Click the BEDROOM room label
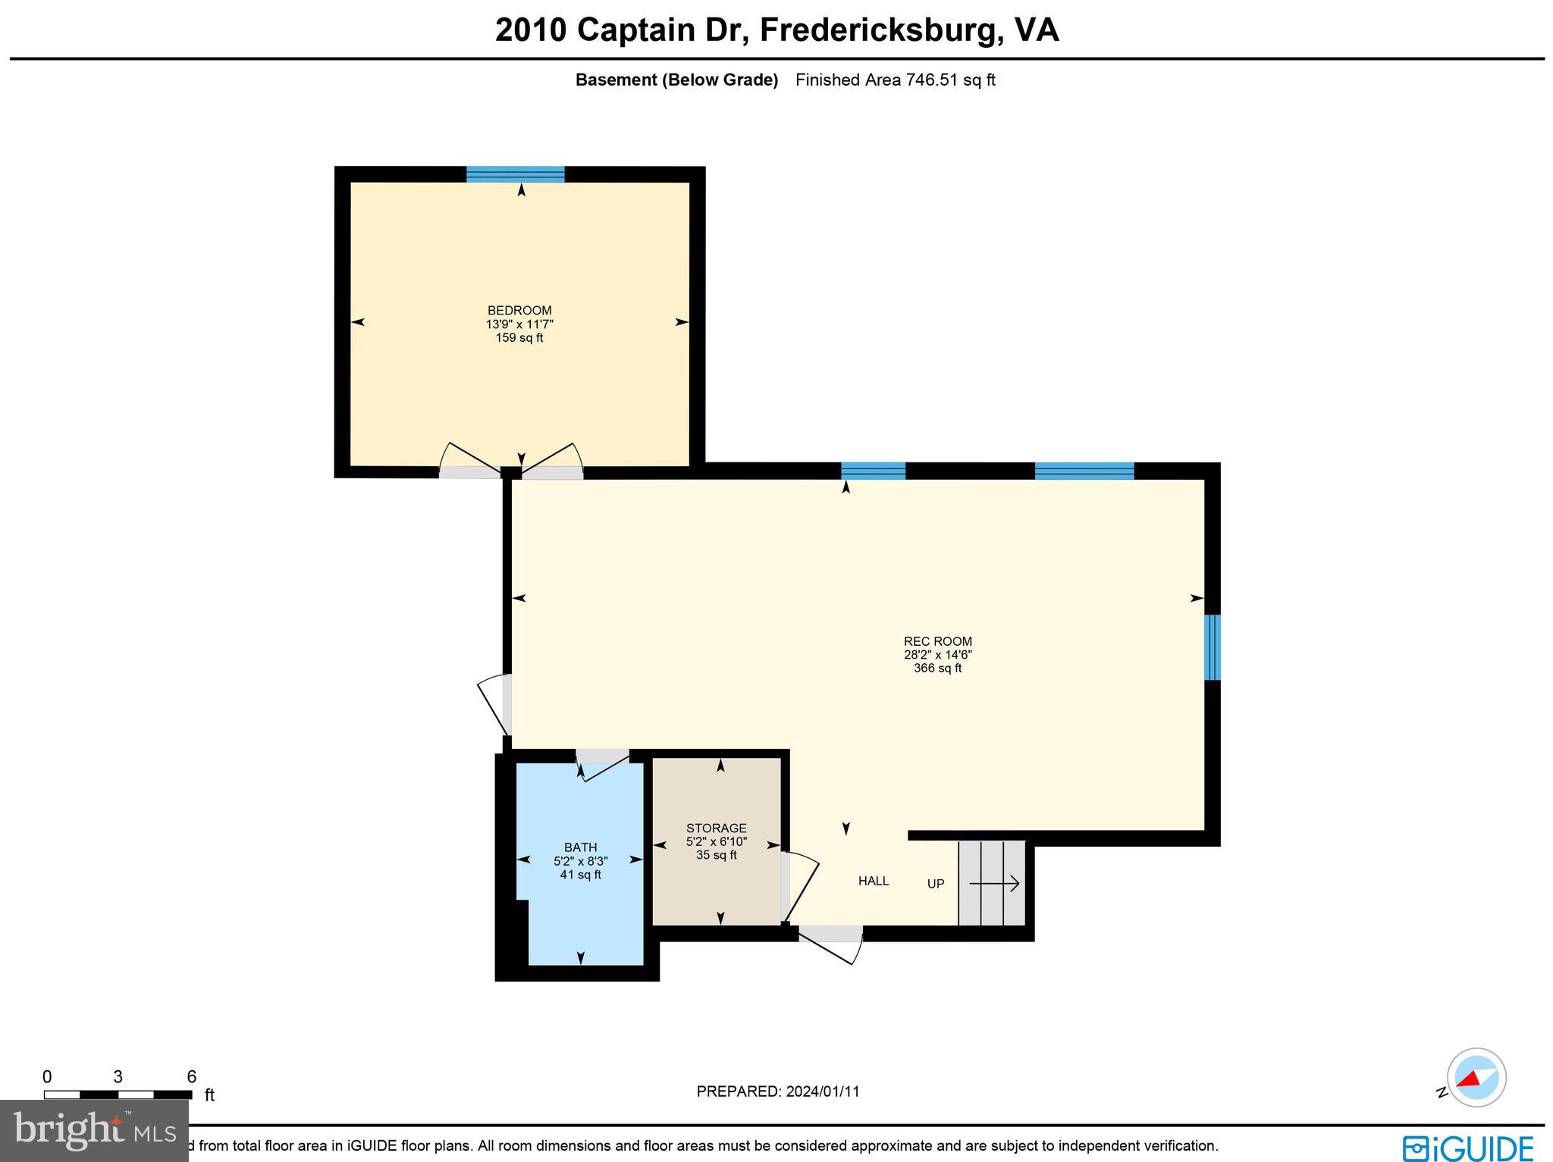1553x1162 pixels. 519,310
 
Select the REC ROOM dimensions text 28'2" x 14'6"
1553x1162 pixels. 937,655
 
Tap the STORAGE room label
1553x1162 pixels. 716,828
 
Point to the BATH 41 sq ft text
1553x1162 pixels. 580,875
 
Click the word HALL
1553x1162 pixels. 873,881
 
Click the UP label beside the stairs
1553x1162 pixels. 936,884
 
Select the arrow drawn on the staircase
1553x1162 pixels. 994,884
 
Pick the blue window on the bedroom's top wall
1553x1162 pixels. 515,174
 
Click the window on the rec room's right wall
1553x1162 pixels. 1212,647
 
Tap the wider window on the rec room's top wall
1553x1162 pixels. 1084,471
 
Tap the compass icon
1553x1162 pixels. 1476,1077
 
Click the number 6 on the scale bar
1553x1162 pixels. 191,1077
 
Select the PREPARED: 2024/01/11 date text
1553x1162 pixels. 777,1092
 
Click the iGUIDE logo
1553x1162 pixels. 1468,1148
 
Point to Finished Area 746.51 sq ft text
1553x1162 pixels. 895,80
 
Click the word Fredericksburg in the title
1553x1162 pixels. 880,30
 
